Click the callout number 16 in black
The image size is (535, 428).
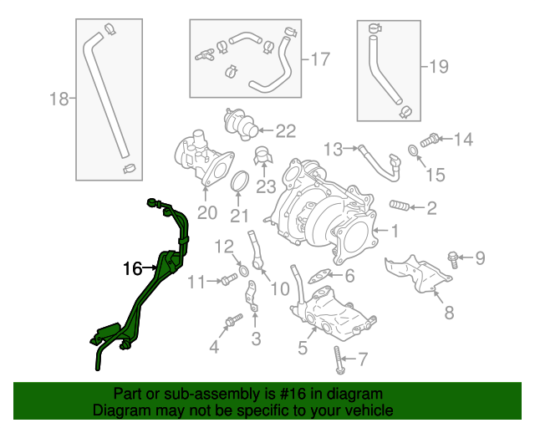[x=133, y=268]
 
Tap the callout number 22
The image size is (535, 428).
[x=286, y=130]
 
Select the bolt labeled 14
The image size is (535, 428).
[x=431, y=140]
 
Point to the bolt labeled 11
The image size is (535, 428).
[x=227, y=281]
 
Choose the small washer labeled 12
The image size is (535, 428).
[x=242, y=270]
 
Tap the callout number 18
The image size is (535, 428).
[x=58, y=99]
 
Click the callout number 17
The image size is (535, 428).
[x=321, y=59]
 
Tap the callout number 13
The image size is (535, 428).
[x=334, y=149]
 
